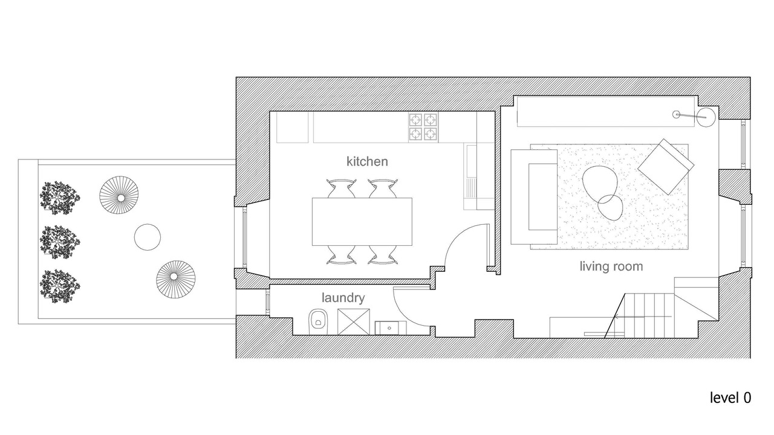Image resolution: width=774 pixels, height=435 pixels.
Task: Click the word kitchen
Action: (x=367, y=161)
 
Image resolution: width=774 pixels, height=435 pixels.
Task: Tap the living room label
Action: (x=611, y=266)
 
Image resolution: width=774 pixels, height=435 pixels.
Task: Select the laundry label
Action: (x=343, y=298)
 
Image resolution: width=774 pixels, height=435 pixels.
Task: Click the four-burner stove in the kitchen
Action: (x=423, y=127)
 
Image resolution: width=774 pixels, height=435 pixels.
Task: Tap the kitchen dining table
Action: (x=362, y=222)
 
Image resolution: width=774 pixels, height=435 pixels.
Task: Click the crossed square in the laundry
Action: (x=354, y=322)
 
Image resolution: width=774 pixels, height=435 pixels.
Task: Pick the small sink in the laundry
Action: (x=391, y=327)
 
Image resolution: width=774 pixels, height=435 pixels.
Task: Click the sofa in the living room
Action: (x=534, y=197)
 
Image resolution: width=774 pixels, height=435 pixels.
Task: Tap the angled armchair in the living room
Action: (x=666, y=167)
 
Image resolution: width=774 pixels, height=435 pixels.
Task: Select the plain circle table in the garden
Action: (x=148, y=237)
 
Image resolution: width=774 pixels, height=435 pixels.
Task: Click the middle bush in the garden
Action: (x=60, y=242)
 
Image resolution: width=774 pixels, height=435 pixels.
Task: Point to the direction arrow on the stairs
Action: (x=643, y=317)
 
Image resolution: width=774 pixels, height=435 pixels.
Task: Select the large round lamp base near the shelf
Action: (x=706, y=117)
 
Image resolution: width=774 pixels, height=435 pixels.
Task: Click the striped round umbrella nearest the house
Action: (x=176, y=280)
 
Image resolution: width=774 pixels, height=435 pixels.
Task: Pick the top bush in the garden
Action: (x=60, y=198)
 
